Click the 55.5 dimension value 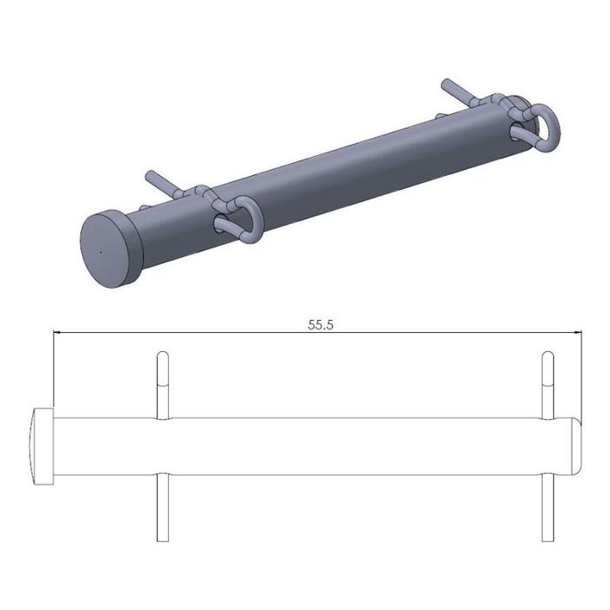321,325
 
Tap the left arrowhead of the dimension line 58,333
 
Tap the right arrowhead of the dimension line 578,333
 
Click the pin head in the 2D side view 42,446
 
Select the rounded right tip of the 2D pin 577,446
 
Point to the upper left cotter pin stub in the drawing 163,385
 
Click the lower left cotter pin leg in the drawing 163,507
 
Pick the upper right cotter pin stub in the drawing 548,385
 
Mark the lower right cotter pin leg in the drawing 548,507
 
